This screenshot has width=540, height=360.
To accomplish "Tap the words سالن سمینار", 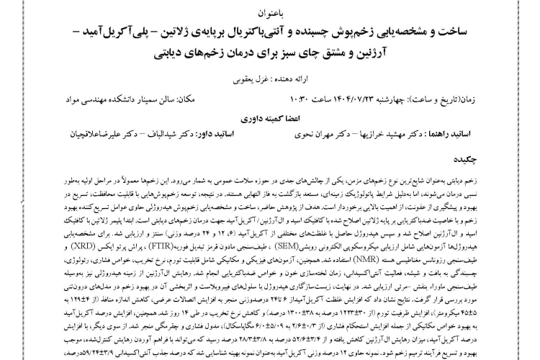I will [x=202, y=98].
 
